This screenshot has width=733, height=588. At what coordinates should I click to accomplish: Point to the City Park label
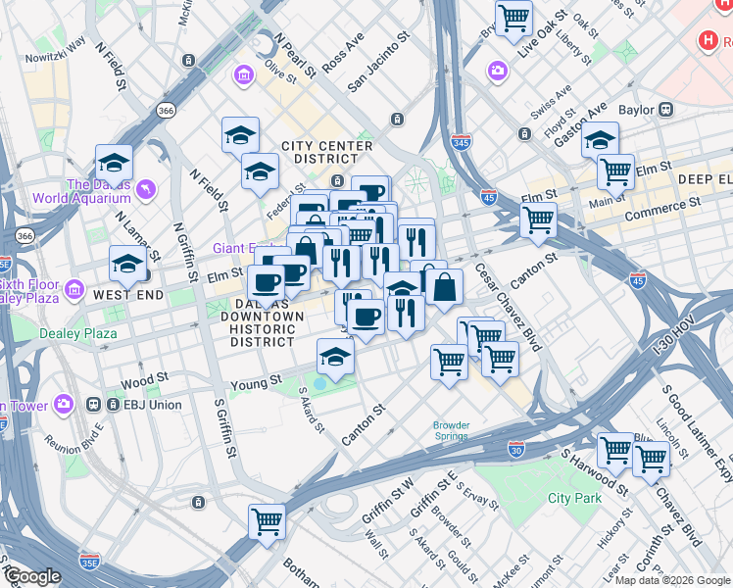[573, 499]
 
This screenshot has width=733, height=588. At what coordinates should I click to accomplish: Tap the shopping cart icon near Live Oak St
[513, 17]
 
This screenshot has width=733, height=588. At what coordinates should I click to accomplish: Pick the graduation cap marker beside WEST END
[127, 264]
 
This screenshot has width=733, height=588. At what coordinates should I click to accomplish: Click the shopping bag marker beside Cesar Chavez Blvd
[444, 287]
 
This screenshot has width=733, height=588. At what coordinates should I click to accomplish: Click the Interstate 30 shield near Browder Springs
[515, 449]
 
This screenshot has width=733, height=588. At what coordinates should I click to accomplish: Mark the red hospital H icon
[709, 40]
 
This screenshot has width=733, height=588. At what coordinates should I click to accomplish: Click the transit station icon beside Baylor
[667, 110]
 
